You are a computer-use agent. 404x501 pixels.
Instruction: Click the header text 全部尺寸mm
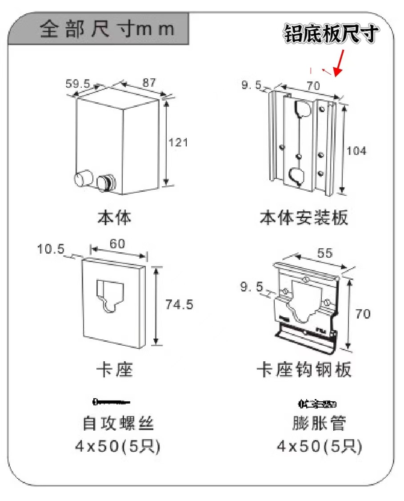pyautogui.click(x=107, y=30)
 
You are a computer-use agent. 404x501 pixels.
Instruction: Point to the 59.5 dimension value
pyautogui.click(x=78, y=83)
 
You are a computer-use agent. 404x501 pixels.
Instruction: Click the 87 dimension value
pyautogui.click(x=149, y=83)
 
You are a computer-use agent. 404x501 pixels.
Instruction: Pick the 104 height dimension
pyautogui.click(x=356, y=151)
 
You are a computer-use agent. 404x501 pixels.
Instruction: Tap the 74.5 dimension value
pyautogui.click(x=179, y=305)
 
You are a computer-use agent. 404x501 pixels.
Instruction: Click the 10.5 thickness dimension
pyautogui.click(x=51, y=249)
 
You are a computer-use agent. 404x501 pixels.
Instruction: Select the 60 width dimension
pyautogui.click(x=117, y=244)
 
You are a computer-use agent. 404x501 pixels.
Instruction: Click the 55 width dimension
pyautogui.click(x=324, y=253)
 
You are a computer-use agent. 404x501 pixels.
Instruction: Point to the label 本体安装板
pyautogui.click(x=304, y=218)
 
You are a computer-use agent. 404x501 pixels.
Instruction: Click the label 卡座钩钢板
pyautogui.click(x=304, y=370)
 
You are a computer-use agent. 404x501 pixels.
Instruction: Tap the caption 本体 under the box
pyautogui.click(x=115, y=218)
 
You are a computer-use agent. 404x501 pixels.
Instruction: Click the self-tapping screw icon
pyautogui.click(x=111, y=402)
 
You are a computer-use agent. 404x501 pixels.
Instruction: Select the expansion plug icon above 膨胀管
pyautogui.click(x=317, y=404)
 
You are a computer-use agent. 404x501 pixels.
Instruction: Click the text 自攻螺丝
pyautogui.click(x=118, y=423)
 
